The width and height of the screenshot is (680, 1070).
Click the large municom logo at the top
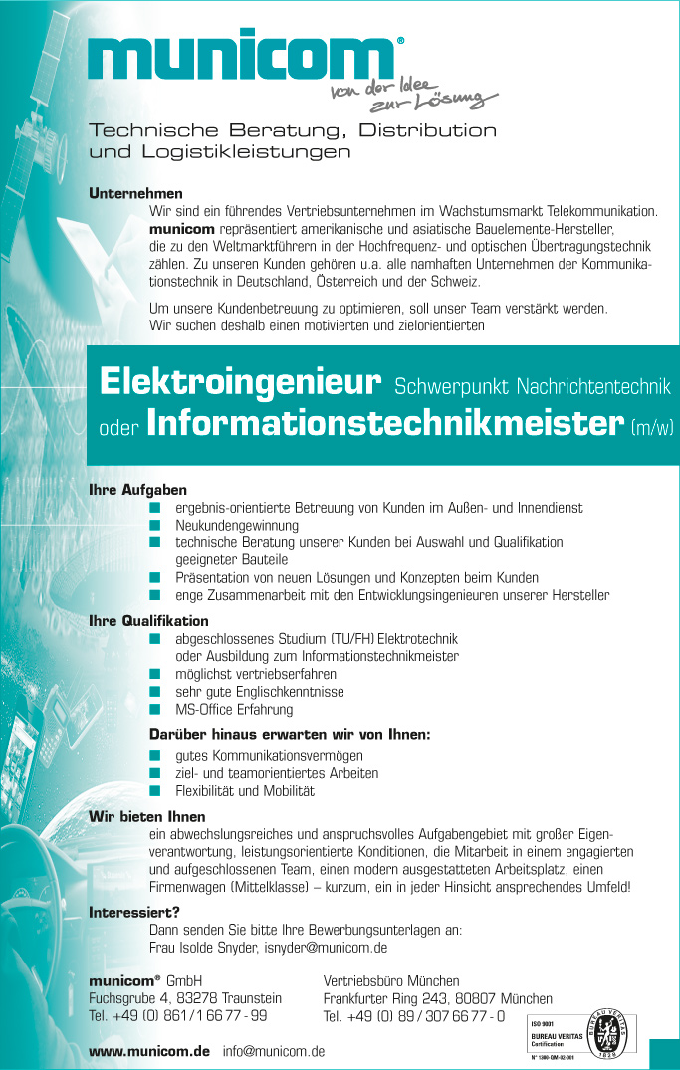(x=244, y=63)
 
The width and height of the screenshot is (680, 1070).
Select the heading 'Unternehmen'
(x=135, y=193)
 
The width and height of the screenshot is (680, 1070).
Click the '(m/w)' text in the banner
(x=653, y=428)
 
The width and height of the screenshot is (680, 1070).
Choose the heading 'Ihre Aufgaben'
(x=137, y=491)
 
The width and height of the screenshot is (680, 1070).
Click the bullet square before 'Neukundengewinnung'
(x=155, y=525)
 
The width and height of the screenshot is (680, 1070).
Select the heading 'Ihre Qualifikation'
(x=148, y=621)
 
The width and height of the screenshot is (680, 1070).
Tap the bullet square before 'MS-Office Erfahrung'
(x=155, y=710)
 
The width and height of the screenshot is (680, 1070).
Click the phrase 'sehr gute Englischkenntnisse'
(x=260, y=692)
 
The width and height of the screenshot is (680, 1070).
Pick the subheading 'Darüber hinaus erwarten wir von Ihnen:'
(x=290, y=735)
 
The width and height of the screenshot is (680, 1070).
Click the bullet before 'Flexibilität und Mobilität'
(x=155, y=791)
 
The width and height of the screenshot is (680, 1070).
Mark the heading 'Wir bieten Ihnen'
(x=146, y=817)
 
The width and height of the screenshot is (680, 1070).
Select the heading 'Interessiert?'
(x=134, y=912)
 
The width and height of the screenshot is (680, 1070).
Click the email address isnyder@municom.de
(x=325, y=948)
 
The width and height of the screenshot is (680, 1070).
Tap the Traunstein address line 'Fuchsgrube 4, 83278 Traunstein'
(x=185, y=998)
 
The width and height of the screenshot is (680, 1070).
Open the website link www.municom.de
(x=149, y=1051)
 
